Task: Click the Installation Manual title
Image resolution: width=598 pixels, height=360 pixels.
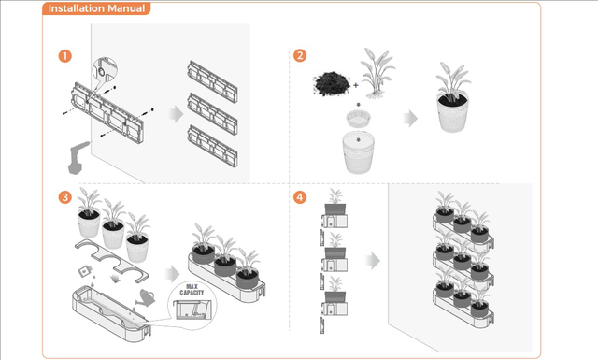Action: [x=96, y=8]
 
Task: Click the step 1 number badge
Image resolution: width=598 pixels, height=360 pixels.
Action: [x=65, y=56]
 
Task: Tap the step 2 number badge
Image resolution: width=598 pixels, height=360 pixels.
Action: [x=300, y=55]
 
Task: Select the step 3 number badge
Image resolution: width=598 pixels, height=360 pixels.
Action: [x=65, y=197]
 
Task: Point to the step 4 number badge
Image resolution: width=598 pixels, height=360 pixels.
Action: [x=300, y=197]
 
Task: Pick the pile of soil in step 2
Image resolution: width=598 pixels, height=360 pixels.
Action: [x=332, y=83]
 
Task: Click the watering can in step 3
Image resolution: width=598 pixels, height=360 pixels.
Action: [x=146, y=297]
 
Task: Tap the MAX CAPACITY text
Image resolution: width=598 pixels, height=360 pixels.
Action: [x=192, y=289]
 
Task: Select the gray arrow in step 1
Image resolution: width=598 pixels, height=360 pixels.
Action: [x=177, y=114]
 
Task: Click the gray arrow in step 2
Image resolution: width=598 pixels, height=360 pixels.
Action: [x=410, y=119]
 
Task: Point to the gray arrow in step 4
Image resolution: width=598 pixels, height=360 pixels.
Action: [x=373, y=261]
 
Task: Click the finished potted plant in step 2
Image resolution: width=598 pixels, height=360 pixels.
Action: [x=452, y=97]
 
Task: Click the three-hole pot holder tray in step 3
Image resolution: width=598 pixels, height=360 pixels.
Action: [x=112, y=261]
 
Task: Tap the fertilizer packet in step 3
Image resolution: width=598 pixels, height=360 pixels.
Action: [x=85, y=271]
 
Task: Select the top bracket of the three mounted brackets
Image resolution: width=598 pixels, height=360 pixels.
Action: [x=212, y=81]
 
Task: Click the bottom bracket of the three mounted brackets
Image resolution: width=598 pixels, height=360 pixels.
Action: [x=212, y=146]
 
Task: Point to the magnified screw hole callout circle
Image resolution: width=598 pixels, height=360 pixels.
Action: [x=105, y=71]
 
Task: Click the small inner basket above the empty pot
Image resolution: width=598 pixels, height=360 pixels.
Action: [x=358, y=119]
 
